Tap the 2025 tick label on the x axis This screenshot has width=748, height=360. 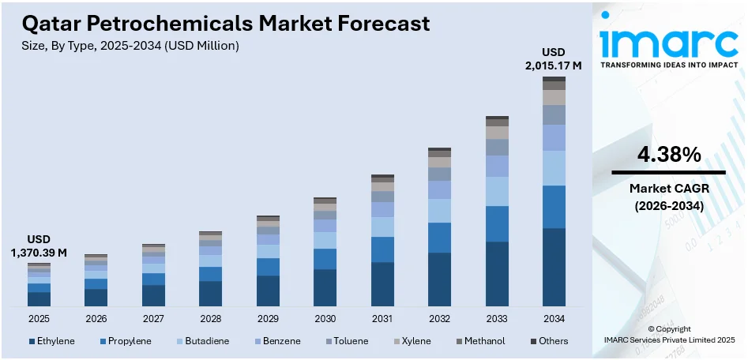point(39,318)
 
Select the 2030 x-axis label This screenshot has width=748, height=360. point(325,318)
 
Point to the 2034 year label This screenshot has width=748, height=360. point(554,318)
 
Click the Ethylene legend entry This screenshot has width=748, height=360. point(52,341)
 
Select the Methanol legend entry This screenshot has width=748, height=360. point(483,341)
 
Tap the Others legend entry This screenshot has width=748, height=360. point(548,341)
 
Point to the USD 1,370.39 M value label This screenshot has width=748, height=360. point(39,246)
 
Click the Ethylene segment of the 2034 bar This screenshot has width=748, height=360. point(554,267)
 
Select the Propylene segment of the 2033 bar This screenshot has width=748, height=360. point(497,223)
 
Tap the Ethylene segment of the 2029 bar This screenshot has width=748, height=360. point(268,291)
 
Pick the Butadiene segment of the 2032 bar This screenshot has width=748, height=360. point(439,211)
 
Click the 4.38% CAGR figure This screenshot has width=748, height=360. point(668,156)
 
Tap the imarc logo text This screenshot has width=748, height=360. point(668,40)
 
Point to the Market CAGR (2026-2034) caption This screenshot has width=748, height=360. point(668,197)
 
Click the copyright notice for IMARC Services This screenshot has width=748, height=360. point(668,334)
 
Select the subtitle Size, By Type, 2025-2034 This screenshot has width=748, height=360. point(130,46)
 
